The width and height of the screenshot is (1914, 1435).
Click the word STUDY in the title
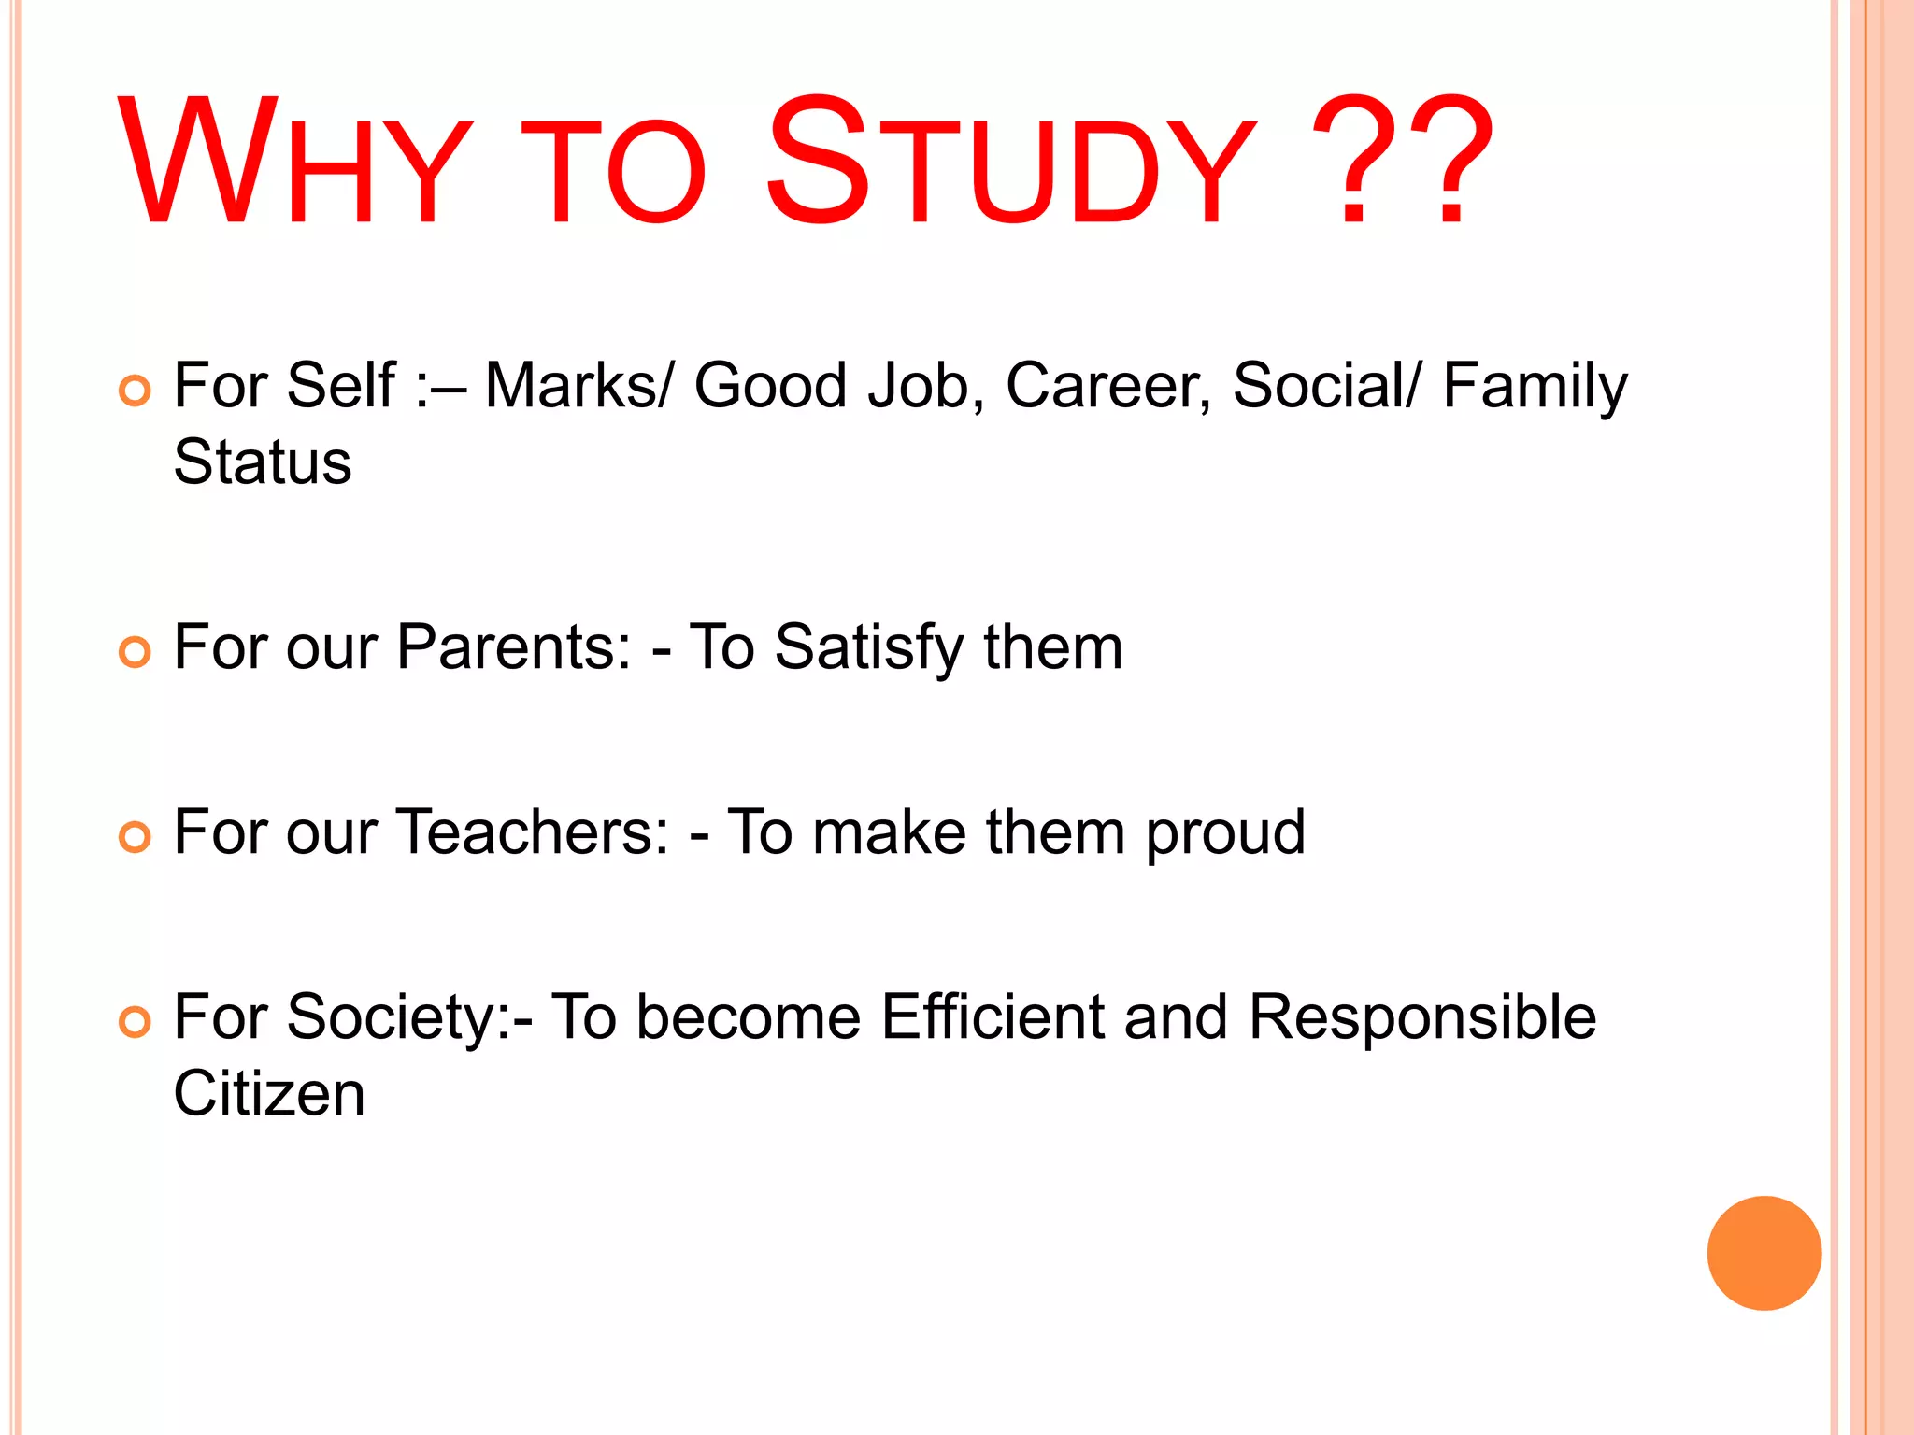point(1009,163)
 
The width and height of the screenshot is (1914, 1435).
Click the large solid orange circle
point(1764,1253)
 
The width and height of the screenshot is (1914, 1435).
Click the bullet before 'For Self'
point(135,391)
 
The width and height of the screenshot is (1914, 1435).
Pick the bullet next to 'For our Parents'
point(135,651)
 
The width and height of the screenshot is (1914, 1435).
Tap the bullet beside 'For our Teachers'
point(135,836)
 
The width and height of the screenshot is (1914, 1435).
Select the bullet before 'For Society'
point(135,1021)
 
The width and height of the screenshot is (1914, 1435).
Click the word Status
point(263,462)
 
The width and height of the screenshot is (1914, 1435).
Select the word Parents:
point(514,647)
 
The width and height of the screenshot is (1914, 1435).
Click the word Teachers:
point(534,832)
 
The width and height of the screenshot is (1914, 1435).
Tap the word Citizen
point(269,1094)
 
